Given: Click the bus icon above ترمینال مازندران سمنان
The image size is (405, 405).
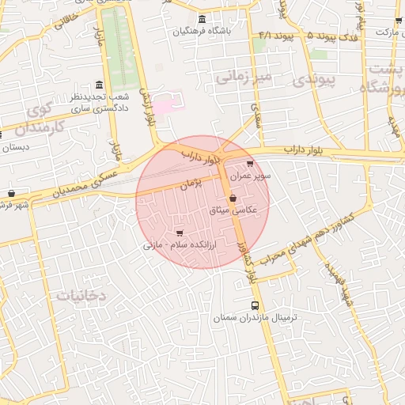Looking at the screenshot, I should click(254, 305).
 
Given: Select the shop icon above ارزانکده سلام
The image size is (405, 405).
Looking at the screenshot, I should click(181, 233).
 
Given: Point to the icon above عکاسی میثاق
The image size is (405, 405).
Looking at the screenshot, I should click(233, 199).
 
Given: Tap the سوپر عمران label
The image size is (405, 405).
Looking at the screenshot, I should click(251, 176).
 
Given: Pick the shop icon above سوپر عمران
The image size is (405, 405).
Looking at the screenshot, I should click(251, 164).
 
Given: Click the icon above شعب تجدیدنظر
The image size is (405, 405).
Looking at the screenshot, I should click(98, 85).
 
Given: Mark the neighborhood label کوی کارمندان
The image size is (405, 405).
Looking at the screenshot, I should click(36, 116).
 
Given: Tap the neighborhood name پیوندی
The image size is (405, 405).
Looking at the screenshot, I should click(314, 79).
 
